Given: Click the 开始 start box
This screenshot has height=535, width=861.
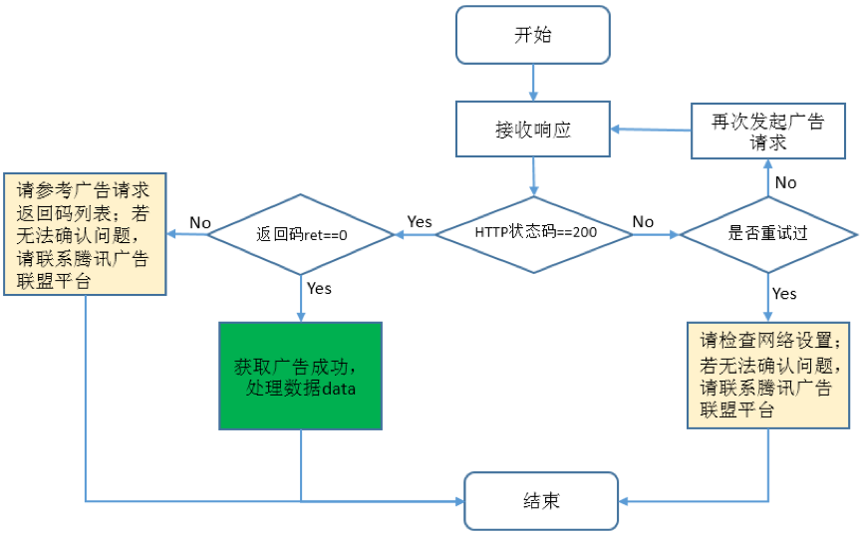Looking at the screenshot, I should click(532, 35).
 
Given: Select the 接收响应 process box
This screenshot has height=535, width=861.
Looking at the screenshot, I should click(532, 130).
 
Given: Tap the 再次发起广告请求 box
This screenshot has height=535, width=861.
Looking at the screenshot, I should click(767, 132).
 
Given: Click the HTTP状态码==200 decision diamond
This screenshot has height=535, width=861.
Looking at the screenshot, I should click(535, 233).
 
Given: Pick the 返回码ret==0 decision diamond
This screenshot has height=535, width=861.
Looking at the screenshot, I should click(300, 234).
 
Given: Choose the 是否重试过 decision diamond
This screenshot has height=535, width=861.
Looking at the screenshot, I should click(767, 234).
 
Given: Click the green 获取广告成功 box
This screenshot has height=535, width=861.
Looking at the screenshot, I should click(300, 376).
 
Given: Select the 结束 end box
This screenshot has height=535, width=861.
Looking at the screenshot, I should click(540, 500).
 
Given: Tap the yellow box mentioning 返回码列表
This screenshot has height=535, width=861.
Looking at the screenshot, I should click(85, 234).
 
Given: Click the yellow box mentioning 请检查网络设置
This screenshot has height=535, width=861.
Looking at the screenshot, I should click(768, 375).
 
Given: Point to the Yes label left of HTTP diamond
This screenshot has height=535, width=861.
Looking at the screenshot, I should click(420, 221).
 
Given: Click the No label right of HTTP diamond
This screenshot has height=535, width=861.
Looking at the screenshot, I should click(644, 221).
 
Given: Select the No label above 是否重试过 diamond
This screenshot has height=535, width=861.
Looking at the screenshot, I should click(785, 182).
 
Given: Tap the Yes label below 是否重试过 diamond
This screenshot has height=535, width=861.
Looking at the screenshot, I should click(784, 293).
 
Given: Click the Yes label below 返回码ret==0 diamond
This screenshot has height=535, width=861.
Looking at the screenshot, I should click(319, 288).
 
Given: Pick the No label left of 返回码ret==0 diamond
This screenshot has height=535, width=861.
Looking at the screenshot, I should click(200, 222).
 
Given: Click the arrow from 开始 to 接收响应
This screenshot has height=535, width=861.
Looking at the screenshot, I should click(533, 82).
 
